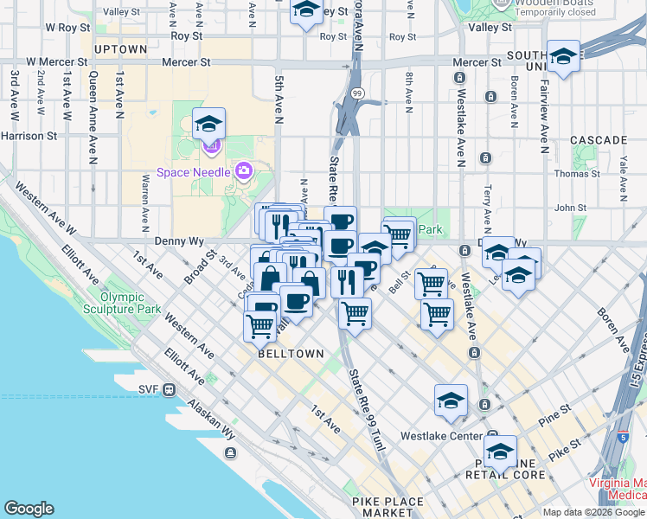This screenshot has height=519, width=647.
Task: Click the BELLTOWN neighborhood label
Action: (x=291, y=354)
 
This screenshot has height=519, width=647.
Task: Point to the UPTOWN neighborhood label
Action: (x=120, y=49)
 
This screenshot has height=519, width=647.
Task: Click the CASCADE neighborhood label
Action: (x=599, y=139)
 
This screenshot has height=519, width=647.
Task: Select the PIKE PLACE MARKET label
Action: (x=388, y=508)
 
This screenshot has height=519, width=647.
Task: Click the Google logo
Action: (x=29, y=509)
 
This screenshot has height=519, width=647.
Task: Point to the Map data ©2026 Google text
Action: (x=594, y=512)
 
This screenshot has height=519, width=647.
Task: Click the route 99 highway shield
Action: (x=356, y=93)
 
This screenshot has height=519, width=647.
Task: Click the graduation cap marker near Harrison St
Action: (x=208, y=126)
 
